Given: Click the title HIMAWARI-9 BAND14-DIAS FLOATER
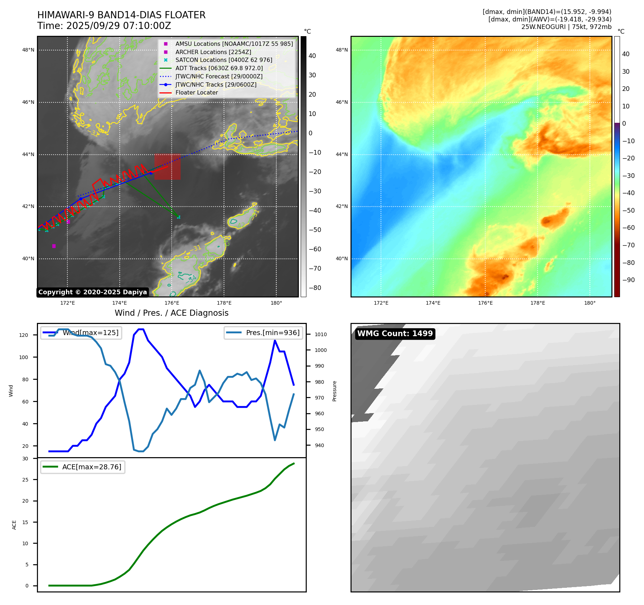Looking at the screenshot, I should point(121,15).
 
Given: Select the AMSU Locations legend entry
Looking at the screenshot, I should point(234,44).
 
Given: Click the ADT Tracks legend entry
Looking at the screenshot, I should point(219,68).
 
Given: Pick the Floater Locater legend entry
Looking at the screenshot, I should point(196,92).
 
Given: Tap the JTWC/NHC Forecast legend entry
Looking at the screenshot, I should point(219,76).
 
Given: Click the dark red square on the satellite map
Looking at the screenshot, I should point(167,167).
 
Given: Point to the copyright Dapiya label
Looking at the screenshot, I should point(92,292).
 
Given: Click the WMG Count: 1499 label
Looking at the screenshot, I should point(395,334).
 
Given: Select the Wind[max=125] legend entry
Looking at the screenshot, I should point(90,333).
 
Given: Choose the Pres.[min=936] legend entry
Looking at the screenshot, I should point(272,333).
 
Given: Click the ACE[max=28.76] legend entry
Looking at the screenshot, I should point(91,467).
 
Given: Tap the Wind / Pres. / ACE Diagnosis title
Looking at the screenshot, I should point(171,313).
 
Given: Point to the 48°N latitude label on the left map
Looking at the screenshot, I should point(28,50).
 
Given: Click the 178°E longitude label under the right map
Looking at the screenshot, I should point(538,303).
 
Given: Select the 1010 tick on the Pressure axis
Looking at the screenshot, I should point(321,334).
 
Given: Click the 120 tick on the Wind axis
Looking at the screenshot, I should point(24,335).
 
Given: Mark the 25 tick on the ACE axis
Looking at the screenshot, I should point(25,480).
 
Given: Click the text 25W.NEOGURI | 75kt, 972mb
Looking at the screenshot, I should point(566,27).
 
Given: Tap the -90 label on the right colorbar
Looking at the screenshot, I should point(628,280).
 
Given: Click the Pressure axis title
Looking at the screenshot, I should point(334,391).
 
